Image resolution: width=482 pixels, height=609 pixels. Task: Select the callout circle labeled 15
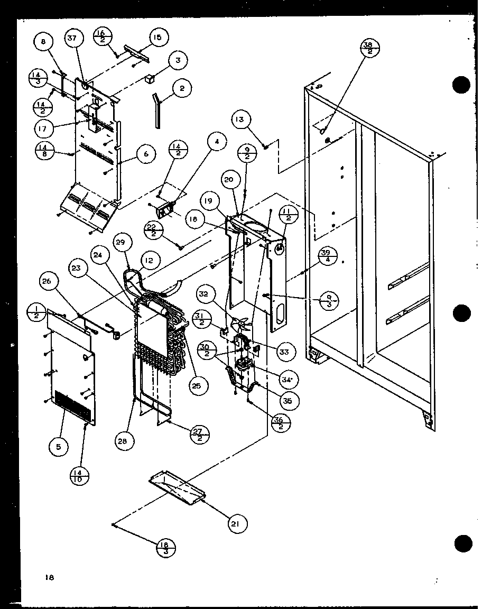pyautogui.click(x=157, y=38)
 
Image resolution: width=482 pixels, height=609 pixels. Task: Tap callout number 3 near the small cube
pyautogui.click(x=178, y=61)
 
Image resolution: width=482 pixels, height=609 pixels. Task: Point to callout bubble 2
pyautogui.click(x=182, y=89)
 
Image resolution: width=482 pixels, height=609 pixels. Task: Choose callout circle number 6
pyautogui.click(x=146, y=154)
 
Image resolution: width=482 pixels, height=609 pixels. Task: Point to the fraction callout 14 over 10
pyautogui.click(x=79, y=476)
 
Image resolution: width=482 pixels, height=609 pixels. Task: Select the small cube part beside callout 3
pyautogui.click(x=150, y=78)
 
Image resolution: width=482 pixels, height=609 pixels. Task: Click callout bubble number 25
pyautogui.click(x=196, y=386)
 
